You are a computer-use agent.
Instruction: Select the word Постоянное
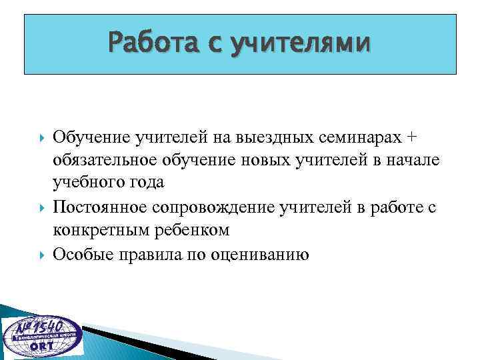[x=101, y=207]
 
